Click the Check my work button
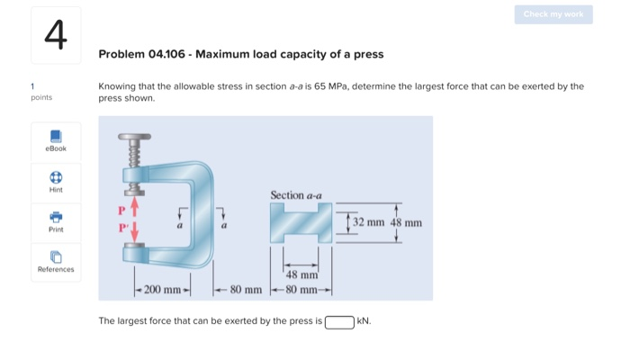[553, 14]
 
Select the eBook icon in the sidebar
[56, 136]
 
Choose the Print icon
[56, 217]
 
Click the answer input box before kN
[339, 320]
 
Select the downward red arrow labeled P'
[135, 232]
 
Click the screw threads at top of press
[135, 158]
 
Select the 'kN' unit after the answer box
[364, 320]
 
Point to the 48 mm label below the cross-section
[298, 274]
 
